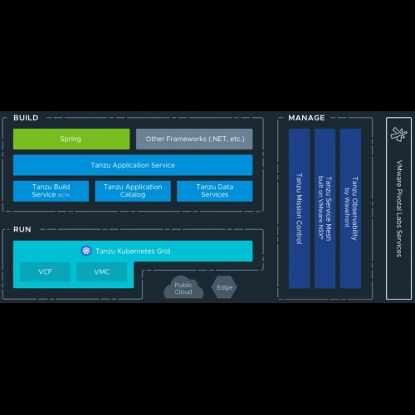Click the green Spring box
click(x=71, y=139)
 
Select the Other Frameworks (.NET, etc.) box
click(x=194, y=139)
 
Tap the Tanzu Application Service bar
click(x=133, y=165)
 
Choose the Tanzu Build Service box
click(x=51, y=191)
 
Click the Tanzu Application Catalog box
click(x=133, y=191)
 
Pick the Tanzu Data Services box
click(x=215, y=191)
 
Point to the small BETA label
click(x=64, y=195)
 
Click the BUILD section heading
click(x=26, y=118)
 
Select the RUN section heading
click(x=22, y=229)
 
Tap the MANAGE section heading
click(x=306, y=118)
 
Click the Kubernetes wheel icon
click(x=86, y=251)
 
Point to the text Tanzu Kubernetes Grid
click(x=133, y=251)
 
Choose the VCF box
click(x=45, y=272)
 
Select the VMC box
click(x=102, y=272)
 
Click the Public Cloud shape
click(x=183, y=287)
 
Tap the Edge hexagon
click(x=224, y=287)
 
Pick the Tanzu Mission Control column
click(x=300, y=208)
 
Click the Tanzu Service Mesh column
click(x=325, y=208)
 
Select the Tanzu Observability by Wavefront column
click(x=350, y=208)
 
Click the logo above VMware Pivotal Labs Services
click(x=398, y=134)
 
